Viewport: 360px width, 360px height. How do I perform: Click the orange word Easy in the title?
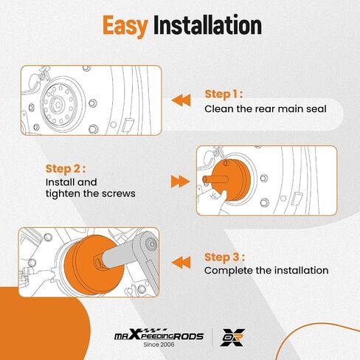[x=125, y=26]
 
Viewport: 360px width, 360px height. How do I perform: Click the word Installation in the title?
[x=207, y=24]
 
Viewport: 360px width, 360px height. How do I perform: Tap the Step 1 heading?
[x=224, y=94]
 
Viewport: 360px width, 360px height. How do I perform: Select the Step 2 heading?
[x=66, y=169]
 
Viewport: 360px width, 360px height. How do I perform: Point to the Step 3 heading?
[x=224, y=257]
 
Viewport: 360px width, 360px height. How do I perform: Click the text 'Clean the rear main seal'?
[x=266, y=109]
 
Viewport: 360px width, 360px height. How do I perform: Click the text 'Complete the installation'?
[x=266, y=271]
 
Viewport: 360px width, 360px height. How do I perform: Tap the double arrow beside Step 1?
[x=181, y=100]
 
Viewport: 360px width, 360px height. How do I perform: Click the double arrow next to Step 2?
[x=180, y=181]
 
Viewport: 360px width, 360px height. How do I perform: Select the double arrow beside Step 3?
[x=181, y=263]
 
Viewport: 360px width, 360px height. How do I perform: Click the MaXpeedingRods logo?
[x=159, y=336]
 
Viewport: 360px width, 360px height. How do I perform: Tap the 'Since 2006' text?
[x=159, y=345]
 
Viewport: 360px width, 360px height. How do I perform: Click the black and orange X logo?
[x=232, y=337]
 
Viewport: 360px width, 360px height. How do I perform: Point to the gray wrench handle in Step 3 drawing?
[x=138, y=256]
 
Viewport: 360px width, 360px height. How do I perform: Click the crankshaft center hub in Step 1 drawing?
[x=58, y=105]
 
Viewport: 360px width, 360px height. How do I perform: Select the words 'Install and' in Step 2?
[x=72, y=182]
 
